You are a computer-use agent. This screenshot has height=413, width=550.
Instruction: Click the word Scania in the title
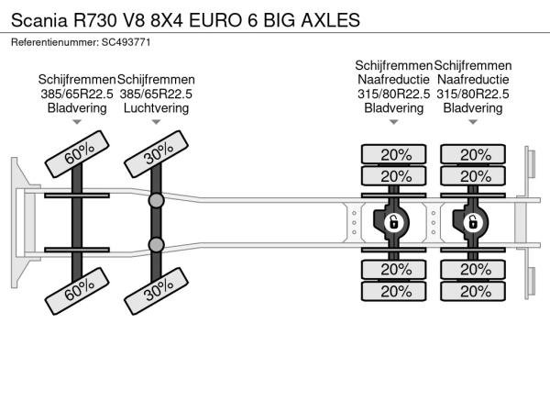coord(38,20)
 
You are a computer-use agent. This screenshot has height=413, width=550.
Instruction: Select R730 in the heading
coord(94,20)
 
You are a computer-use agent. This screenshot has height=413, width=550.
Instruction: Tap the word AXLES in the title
coord(330,20)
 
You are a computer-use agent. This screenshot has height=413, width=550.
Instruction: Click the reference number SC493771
coord(126,42)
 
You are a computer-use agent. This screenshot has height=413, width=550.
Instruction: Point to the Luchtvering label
coord(156,107)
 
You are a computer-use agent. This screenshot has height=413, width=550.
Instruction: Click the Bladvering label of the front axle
coord(77,107)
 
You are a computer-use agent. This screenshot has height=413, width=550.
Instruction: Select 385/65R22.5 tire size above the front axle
coord(77,94)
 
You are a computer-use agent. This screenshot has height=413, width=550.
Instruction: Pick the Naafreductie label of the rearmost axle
coord(473,79)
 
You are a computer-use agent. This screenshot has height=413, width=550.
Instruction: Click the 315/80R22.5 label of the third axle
coord(394,94)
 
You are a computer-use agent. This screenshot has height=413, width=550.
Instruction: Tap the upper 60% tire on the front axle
coord(77,154)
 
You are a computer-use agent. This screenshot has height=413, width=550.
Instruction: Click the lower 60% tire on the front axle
coord(77,291)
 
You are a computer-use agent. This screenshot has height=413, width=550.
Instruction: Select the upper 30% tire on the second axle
coord(157,154)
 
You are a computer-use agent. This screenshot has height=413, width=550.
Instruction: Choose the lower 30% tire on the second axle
coord(157,291)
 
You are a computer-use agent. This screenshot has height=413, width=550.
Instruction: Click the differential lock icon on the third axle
coord(393,223)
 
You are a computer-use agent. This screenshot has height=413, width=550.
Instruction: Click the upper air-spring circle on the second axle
coord(156,200)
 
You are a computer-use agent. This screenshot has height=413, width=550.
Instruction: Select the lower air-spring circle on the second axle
coord(156,245)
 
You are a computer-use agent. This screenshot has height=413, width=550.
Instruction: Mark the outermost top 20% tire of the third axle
coord(394,154)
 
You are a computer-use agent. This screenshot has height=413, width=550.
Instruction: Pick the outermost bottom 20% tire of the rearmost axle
coord(473,291)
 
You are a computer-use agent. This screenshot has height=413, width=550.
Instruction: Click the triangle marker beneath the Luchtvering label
coord(156,122)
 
